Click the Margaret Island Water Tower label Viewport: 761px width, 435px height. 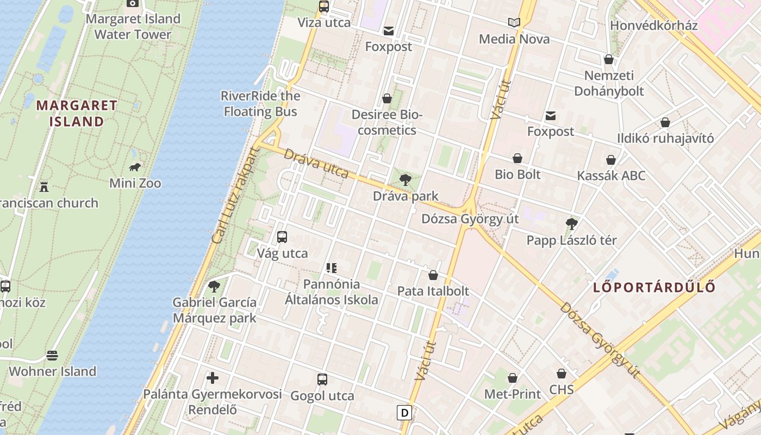tap(133, 27)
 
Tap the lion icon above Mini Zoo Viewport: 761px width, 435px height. tap(135, 167)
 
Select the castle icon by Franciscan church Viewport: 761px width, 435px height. tap(44, 187)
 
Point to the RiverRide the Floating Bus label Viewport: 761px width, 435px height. tap(260, 104)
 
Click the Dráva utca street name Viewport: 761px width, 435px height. tap(316, 163)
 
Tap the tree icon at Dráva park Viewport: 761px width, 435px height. tap(405, 180)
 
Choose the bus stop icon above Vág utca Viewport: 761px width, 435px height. tap(282, 237)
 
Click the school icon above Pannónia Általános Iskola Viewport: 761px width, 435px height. tap(331, 268)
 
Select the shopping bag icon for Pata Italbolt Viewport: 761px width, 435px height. tap(433, 275)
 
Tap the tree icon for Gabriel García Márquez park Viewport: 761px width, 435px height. tap(214, 286)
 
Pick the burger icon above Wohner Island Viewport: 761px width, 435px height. tap(52, 356)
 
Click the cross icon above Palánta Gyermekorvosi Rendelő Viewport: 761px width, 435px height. tap(213, 378)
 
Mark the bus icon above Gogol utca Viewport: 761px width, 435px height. tap(322, 380)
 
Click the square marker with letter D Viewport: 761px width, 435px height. tap(404, 413)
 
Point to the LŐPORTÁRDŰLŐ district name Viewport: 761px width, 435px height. tap(654, 287)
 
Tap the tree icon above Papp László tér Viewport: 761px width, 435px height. tap(571, 223)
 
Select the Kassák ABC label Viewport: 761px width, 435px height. tap(611, 176)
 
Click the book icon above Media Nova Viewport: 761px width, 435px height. tap(514, 23)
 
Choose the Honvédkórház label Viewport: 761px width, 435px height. tap(654, 26)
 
